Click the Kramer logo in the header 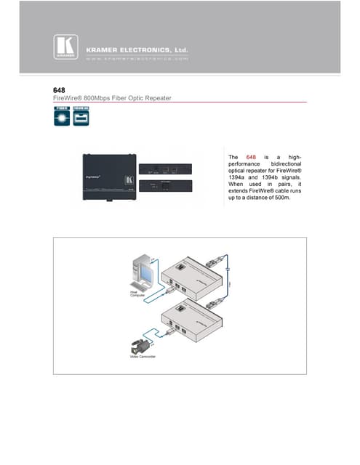click(x=63, y=46)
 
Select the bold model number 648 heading click(x=60, y=90)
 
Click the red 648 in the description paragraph click(x=252, y=158)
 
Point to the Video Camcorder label click(x=144, y=357)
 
